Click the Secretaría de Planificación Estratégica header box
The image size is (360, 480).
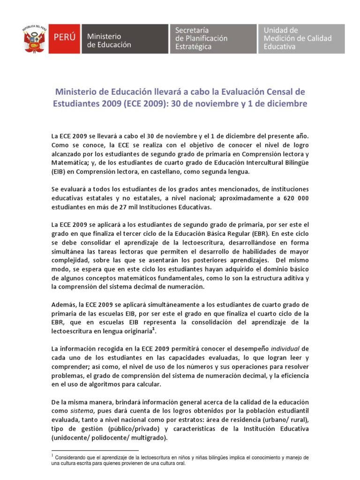212,40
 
